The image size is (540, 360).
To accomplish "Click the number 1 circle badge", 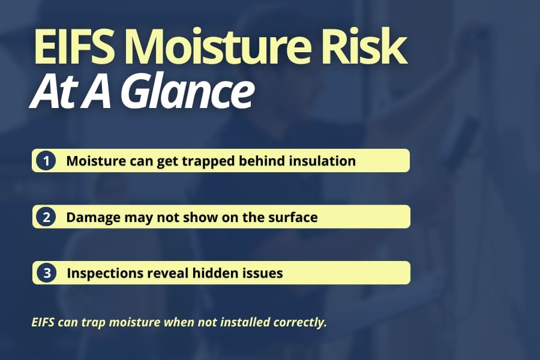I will point(46,161).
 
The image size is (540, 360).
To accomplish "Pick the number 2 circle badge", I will point(46,217).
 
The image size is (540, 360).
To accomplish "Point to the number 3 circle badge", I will point(46,273).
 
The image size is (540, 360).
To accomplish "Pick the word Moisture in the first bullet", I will point(94,161).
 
